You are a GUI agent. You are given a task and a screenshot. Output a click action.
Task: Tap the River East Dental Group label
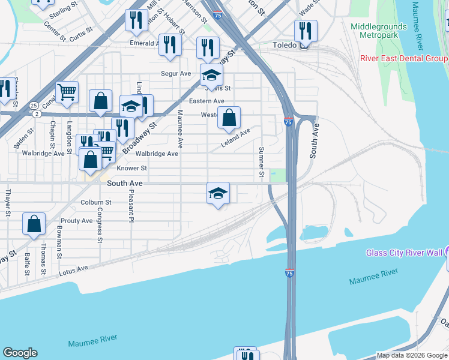[403, 58]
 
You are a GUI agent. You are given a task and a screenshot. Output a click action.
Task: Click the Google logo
[20, 353]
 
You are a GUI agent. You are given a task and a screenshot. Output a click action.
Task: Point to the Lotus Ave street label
[73, 272]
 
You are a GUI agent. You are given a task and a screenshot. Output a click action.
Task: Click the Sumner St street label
[262, 163]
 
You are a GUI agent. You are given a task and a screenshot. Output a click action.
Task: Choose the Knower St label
[131, 169]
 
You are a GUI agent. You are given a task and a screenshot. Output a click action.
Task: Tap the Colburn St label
[96, 203]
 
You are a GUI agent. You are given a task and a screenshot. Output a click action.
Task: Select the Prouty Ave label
[76, 221]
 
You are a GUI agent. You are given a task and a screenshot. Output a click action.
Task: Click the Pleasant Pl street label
[130, 204]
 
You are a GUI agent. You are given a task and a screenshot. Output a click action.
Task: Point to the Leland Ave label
[235, 138]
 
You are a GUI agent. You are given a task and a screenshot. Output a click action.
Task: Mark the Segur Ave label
[175, 74]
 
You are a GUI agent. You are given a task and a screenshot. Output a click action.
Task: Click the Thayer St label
[8, 202]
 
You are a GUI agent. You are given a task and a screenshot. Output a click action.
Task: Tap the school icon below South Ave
[218, 193]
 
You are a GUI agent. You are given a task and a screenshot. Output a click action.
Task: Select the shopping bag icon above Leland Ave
[229, 118]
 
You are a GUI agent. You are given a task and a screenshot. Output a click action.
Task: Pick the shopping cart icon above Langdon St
[67, 92]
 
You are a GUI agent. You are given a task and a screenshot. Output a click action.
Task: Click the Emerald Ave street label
[143, 43]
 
